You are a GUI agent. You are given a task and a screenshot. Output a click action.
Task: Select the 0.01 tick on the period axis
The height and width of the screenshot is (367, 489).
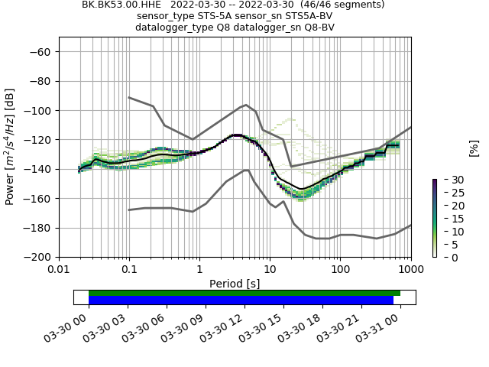[x=59, y=270]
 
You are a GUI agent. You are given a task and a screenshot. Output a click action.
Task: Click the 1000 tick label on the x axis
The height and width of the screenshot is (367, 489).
[x=410, y=270]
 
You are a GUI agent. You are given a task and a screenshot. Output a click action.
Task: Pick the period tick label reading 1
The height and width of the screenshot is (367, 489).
[x=199, y=270]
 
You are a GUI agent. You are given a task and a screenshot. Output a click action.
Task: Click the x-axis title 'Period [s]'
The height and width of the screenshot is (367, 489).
[x=235, y=284]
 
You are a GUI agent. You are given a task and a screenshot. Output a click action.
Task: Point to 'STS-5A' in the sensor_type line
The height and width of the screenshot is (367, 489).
[x=212, y=15]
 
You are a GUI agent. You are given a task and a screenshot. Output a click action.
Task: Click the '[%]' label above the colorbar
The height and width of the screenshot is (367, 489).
[x=473, y=148]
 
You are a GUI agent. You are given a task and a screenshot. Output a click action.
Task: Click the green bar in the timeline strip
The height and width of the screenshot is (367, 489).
[x=244, y=293]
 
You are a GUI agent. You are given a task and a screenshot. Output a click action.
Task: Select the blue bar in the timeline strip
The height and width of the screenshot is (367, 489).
[x=241, y=300]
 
